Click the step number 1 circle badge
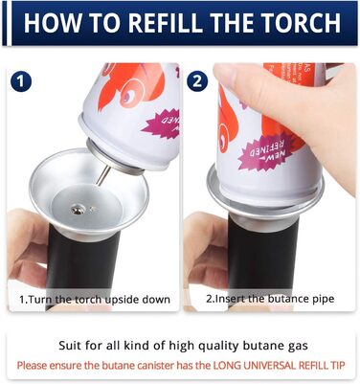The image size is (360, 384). tap(21, 81)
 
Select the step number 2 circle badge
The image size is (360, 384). tap(197, 81)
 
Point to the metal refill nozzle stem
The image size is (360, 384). tap(102, 176)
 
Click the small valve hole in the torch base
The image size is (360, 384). tap(78, 210)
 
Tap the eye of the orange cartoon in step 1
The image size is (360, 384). tap(129, 92)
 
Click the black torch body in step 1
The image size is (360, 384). tap(82, 265)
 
